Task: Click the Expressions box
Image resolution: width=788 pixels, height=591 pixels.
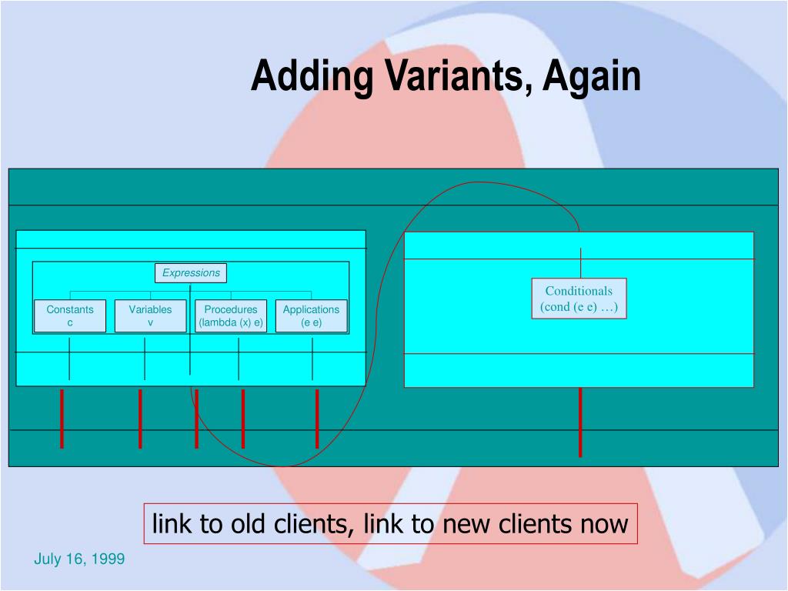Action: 191,273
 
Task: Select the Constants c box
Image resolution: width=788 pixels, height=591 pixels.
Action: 70,316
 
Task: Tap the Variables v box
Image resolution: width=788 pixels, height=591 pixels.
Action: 150,316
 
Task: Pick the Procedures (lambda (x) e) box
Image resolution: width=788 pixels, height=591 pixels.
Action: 231,316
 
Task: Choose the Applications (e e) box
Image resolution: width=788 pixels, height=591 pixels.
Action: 311,316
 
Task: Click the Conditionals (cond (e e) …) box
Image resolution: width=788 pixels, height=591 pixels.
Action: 579,299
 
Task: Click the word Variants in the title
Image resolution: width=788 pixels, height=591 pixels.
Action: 456,77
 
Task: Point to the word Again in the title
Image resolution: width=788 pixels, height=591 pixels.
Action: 593,77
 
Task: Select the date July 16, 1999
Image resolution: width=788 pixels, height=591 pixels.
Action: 79,559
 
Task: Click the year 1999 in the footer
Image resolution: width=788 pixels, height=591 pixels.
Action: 108,559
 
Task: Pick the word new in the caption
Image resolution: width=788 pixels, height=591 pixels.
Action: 467,525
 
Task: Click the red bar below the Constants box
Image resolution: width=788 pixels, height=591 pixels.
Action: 62,419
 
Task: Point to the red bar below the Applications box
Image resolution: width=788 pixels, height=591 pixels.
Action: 317,419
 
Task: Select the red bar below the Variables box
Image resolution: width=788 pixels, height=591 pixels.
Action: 140,419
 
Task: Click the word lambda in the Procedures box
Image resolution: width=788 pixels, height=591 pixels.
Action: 218,322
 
